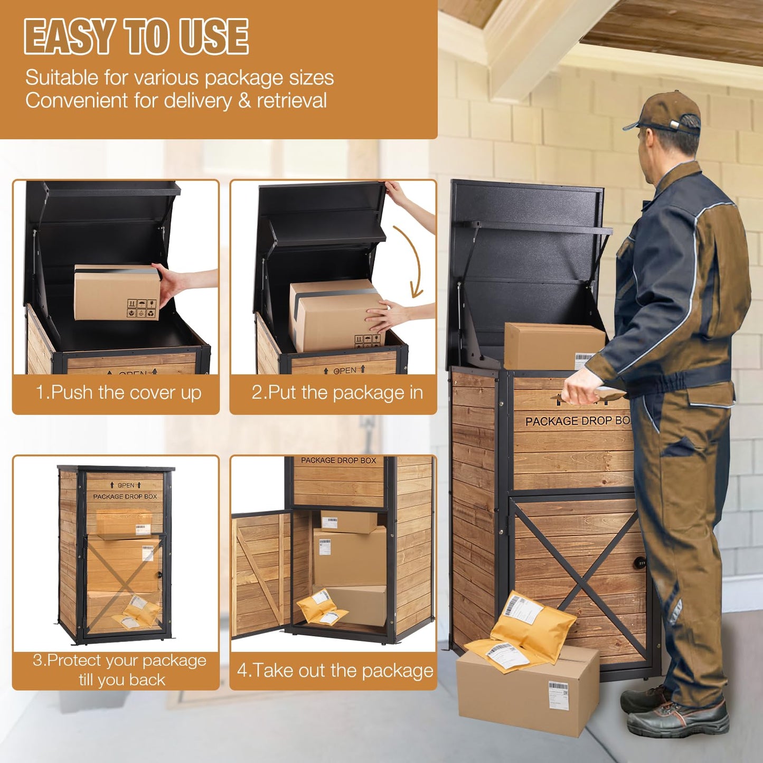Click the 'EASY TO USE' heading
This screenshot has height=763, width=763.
[136, 37]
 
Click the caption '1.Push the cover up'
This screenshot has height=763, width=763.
[118, 393]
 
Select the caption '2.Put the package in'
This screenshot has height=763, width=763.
[337, 393]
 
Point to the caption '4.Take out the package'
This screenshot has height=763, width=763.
[335, 671]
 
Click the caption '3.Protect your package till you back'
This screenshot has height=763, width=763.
[119, 670]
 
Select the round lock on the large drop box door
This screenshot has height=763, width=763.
[639, 563]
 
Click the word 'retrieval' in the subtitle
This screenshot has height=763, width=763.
[291, 100]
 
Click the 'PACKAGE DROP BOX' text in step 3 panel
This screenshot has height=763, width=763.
[125, 496]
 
